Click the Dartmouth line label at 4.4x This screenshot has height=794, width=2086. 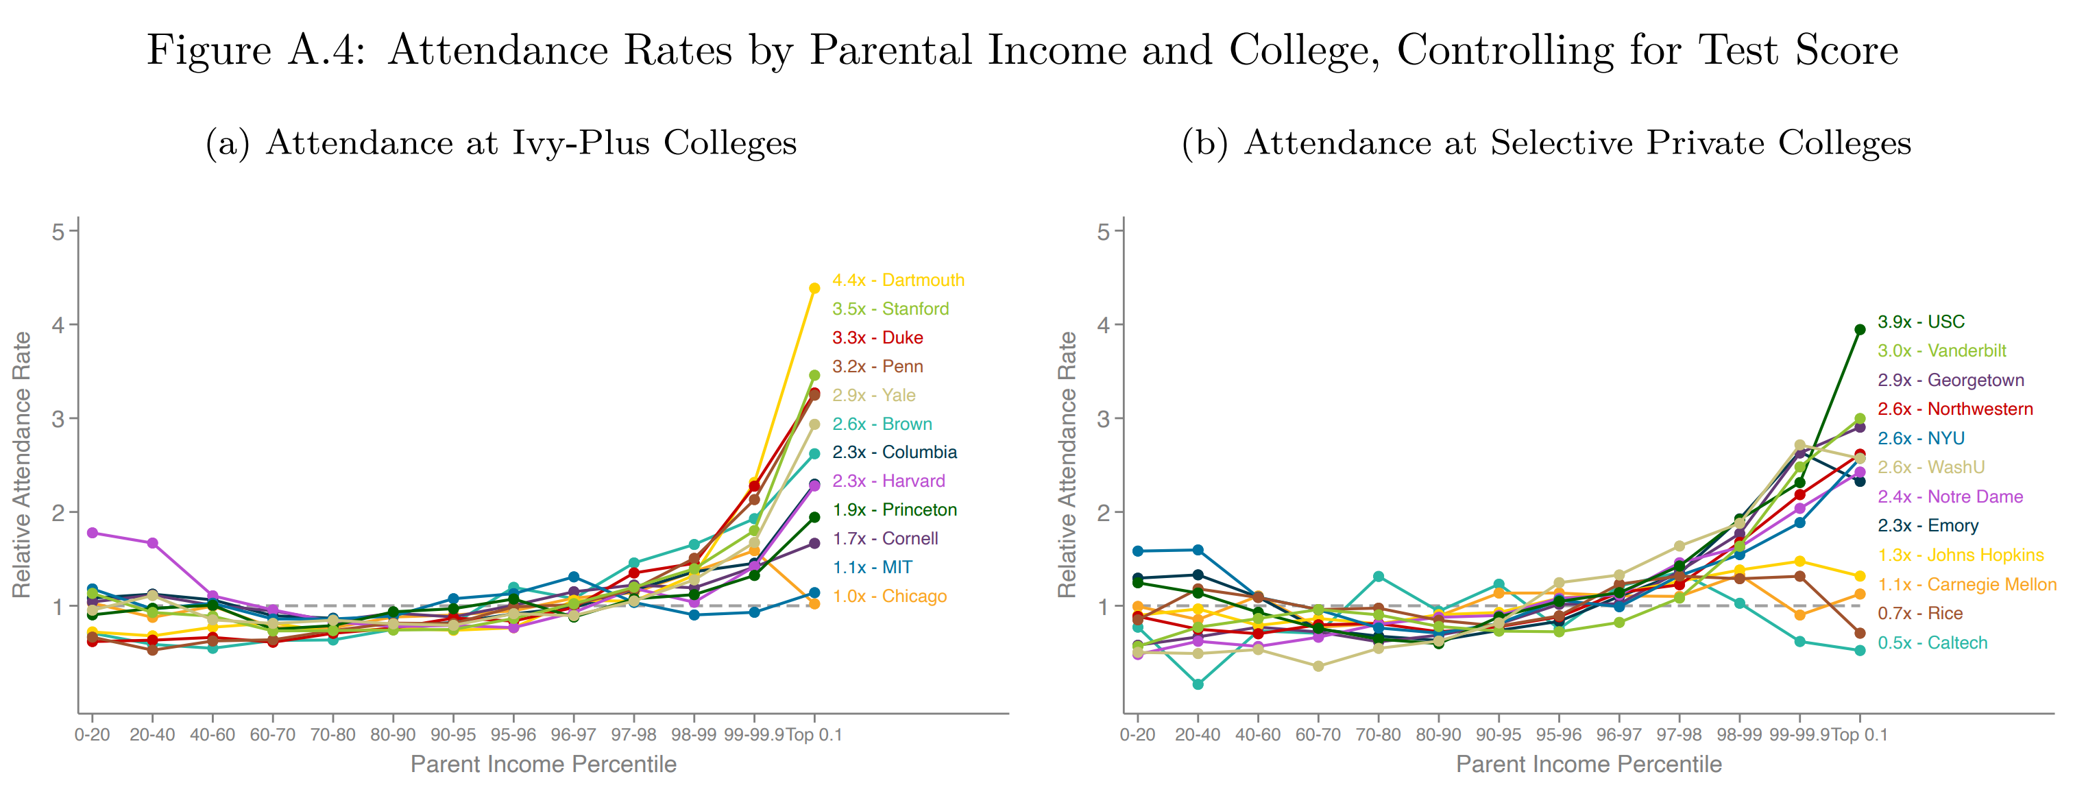tap(898, 280)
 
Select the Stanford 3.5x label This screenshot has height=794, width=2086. tap(890, 309)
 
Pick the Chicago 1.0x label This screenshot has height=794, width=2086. tap(889, 597)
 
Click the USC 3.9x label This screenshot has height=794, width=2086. tap(1920, 322)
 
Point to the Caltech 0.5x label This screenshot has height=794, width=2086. tap(1932, 642)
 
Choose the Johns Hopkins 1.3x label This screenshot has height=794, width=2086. tap(1961, 555)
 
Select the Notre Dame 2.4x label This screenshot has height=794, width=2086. tap(1950, 496)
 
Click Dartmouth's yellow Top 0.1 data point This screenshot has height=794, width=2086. tap(814, 287)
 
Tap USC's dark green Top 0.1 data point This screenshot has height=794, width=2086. tap(1860, 329)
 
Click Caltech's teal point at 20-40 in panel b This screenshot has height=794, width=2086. tap(1198, 684)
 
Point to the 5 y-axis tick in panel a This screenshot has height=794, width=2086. tap(58, 232)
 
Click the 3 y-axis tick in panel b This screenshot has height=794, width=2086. tap(1104, 419)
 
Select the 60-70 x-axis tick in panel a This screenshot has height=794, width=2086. tap(272, 735)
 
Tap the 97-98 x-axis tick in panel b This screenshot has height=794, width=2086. tap(1679, 735)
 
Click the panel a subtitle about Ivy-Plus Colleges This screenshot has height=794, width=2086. tap(500, 143)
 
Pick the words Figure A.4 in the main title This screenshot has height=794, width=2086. tap(256, 50)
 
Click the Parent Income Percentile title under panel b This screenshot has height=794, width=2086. tap(1588, 764)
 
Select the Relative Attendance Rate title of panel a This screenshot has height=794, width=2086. tap(21, 464)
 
